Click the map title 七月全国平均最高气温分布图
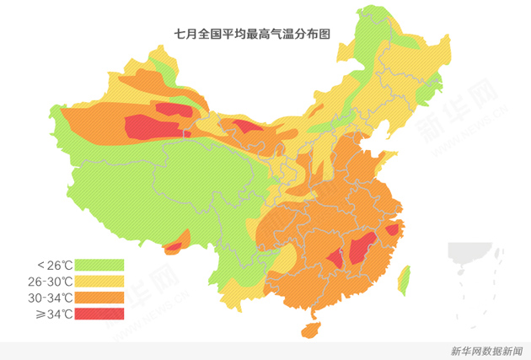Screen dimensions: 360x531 coord(251,34)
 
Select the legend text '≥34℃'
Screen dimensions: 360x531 coord(51,314)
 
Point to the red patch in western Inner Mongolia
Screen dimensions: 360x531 coord(247,126)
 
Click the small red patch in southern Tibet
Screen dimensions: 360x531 coord(173,247)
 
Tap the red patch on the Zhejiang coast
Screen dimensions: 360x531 coord(392,229)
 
